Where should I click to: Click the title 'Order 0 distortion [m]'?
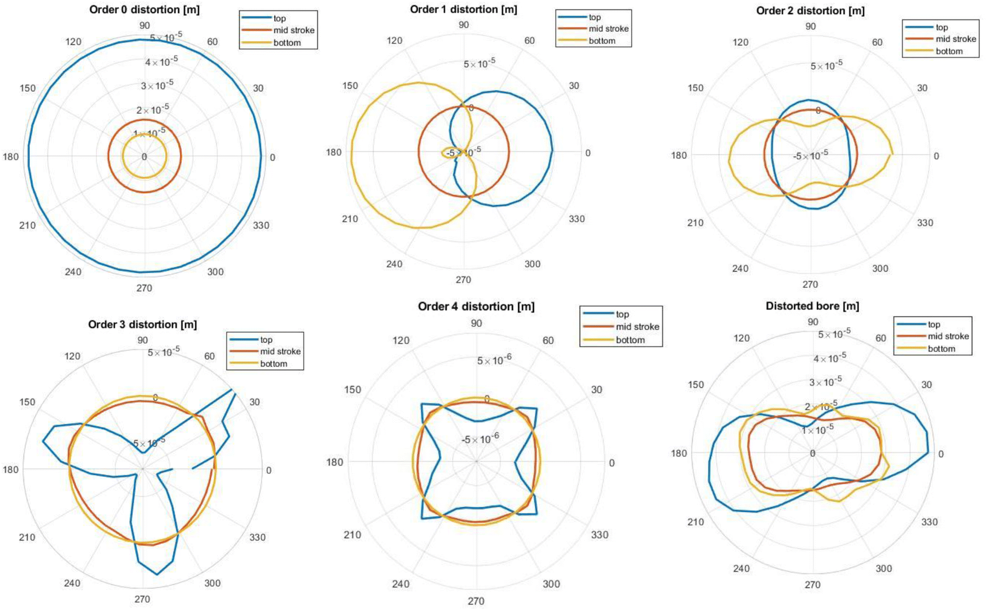144,10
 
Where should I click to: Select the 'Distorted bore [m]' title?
812,306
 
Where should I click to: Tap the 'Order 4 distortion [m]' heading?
476,306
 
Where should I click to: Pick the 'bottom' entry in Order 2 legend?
949,51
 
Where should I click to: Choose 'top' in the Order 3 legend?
266,339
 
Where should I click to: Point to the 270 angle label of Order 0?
144,288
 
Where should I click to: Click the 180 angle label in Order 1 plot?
334,152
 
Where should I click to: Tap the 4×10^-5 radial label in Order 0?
161,61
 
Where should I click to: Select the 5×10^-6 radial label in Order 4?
494,360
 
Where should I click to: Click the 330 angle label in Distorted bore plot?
929,522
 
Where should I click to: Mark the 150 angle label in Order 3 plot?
27,402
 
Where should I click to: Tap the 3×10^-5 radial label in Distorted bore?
825,382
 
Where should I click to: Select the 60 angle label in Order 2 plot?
877,42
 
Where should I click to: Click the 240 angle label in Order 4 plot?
400,584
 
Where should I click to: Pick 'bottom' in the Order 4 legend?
630,340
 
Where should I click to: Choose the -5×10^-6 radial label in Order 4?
480,439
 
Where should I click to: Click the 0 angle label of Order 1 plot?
588,153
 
